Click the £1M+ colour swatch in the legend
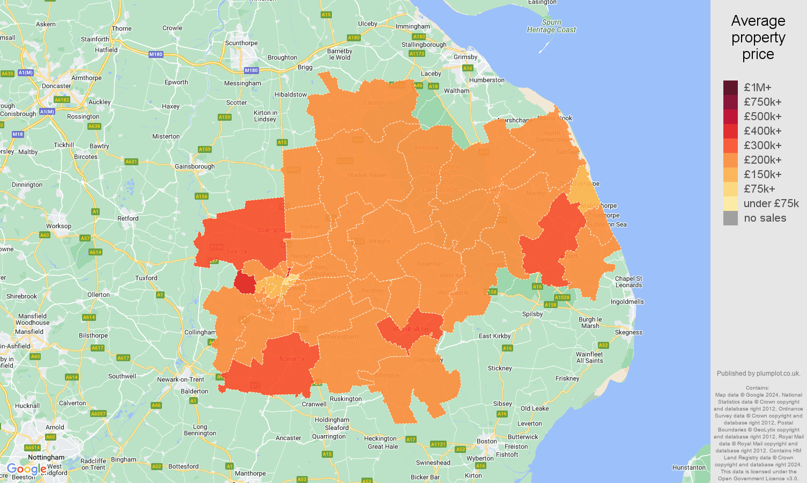730,87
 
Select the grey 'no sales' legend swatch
730,218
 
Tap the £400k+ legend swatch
730,131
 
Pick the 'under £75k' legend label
771,203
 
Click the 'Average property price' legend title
758,38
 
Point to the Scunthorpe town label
241,43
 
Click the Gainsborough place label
195,166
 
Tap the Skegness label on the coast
628,332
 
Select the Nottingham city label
46,457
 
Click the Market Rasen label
367,175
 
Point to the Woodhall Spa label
412,329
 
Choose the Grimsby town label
465,57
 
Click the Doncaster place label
56,86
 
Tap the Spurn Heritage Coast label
551,26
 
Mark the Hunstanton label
689,467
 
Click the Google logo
26,469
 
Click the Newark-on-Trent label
181,379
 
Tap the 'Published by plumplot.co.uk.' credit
758,374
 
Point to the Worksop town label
58,226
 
